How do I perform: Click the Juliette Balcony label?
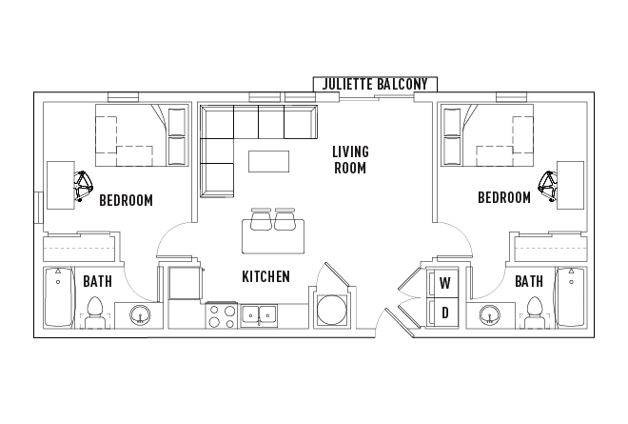coord(375,84)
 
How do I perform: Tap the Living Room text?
coord(350,160)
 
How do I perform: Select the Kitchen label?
coord(265,276)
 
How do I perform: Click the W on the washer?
coord(445,283)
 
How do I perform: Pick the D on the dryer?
coord(445,313)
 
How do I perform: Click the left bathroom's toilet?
coord(95,312)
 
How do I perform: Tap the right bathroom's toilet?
coord(535,312)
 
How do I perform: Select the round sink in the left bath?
coord(140,314)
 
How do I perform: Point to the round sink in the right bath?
coord(489,314)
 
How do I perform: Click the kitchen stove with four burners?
coord(222,316)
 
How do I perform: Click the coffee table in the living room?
coord(268,161)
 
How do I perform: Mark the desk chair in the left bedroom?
coord(84,186)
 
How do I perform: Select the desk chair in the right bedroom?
coord(547,186)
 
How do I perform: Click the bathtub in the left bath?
coord(58,297)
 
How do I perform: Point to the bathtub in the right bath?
coord(571,297)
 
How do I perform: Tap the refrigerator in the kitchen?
coord(185,283)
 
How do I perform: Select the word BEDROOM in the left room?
coord(127,200)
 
